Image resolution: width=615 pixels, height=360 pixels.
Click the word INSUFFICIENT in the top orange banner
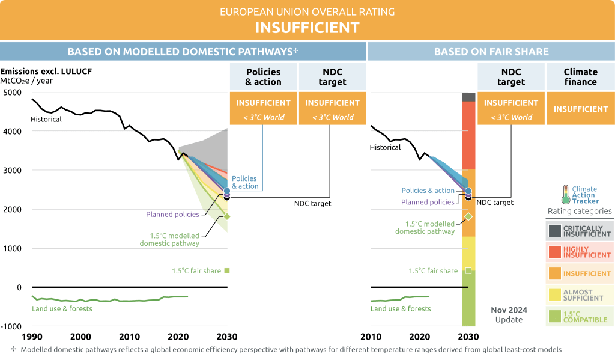(307, 28)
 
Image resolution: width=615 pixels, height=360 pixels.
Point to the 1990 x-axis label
(32, 337)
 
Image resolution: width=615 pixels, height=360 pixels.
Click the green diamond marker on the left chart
(227, 216)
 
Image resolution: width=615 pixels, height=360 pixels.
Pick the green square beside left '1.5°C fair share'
(227, 270)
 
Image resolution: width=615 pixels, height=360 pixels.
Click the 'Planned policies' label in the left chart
(173, 214)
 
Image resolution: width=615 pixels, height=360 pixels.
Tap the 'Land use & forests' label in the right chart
(401, 308)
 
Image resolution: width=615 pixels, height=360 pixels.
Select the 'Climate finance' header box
(580, 76)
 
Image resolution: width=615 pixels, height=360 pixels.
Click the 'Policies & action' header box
(263, 76)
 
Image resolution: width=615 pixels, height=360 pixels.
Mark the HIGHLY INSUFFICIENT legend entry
(580, 252)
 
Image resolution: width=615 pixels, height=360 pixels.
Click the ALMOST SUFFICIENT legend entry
(580, 294)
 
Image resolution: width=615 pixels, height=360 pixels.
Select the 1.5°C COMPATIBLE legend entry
(580, 316)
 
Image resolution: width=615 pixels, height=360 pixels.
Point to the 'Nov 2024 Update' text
(509, 314)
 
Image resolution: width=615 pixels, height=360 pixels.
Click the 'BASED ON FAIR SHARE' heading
(491, 52)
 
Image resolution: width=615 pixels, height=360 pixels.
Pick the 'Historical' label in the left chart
(46, 119)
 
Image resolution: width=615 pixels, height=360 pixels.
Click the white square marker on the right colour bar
(468, 270)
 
